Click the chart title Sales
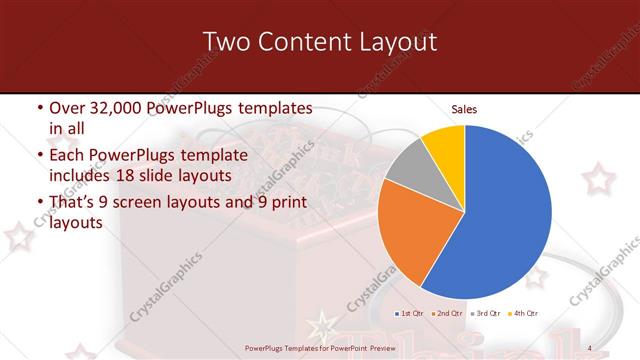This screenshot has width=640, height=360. click(x=464, y=108)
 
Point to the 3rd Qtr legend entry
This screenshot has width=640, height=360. click(x=486, y=314)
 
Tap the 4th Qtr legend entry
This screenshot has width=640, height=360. click(x=524, y=314)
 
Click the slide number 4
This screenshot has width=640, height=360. click(x=590, y=347)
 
